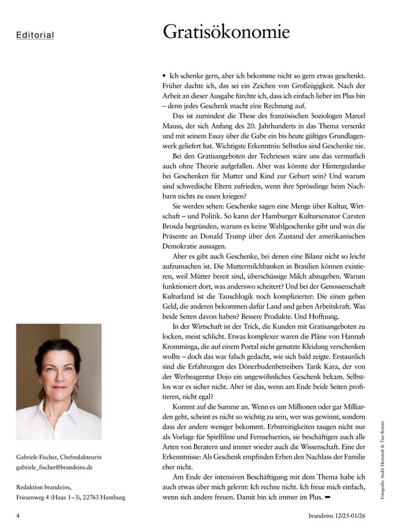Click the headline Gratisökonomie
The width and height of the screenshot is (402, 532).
tap(226, 32)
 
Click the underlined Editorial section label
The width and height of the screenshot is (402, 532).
tap(35, 35)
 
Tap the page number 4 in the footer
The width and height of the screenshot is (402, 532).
tap(18, 515)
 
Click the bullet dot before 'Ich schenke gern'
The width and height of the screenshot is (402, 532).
tap(165, 74)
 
